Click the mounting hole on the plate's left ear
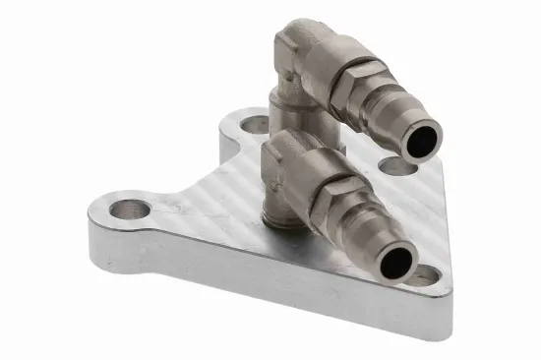click(130, 209)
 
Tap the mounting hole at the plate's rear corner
click(253, 126)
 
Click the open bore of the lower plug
click(400, 261)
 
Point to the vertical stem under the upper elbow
click(288, 110)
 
